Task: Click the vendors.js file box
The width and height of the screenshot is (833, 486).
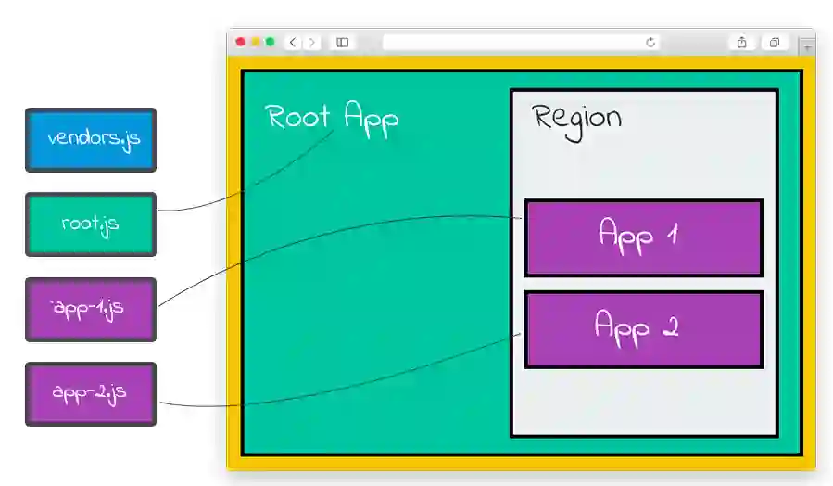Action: click(x=91, y=140)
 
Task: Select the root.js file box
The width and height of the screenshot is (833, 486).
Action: click(x=91, y=224)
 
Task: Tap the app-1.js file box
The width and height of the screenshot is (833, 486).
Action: click(x=91, y=309)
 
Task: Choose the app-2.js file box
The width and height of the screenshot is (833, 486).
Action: click(x=91, y=393)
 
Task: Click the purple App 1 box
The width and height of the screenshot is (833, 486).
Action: click(x=643, y=237)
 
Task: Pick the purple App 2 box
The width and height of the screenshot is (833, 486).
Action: click(x=643, y=329)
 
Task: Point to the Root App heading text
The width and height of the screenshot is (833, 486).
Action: click(x=332, y=119)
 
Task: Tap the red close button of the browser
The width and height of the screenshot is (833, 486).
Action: click(x=241, y=42)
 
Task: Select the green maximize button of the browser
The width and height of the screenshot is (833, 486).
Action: click(x=270, y=42)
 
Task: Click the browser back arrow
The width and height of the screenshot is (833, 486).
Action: click(x=293, y=42)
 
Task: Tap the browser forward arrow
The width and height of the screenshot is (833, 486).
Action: click(x=311, y=42)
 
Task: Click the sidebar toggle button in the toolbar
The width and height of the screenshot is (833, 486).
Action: click(x=342, y=42)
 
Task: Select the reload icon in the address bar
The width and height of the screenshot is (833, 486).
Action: click(x=650, y=42)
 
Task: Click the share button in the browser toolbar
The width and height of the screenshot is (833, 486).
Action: click(x=741, y=42)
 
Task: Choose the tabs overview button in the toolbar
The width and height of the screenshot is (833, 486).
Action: click(x=773, y=42)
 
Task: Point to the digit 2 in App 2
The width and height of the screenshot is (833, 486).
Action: click(x=671, y=326)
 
